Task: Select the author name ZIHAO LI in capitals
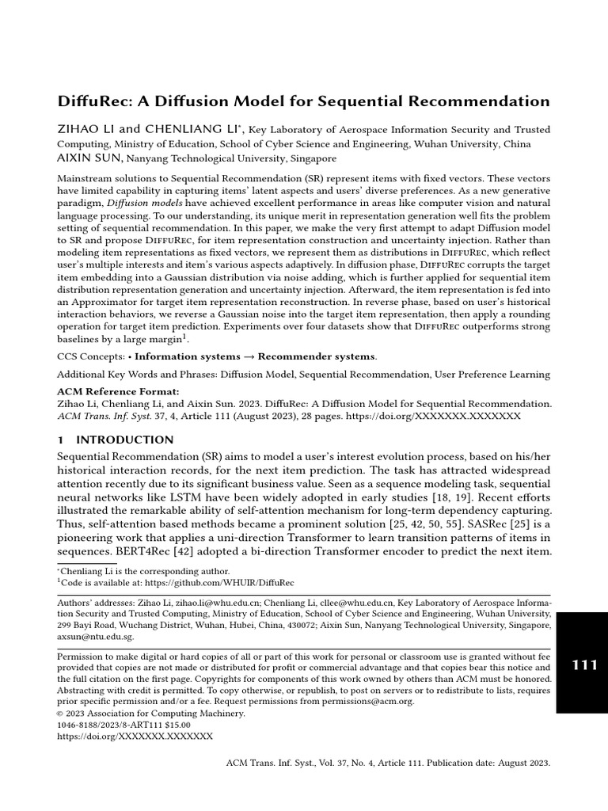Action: click(87, 129)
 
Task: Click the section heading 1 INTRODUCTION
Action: click(116, 440)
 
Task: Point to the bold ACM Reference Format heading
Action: click(119, 391)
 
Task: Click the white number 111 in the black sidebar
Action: click(584, 665)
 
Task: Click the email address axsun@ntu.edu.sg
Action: click(96, 635)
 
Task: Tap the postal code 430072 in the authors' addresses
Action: click(301, 624)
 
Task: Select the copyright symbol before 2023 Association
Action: click(62, 713)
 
